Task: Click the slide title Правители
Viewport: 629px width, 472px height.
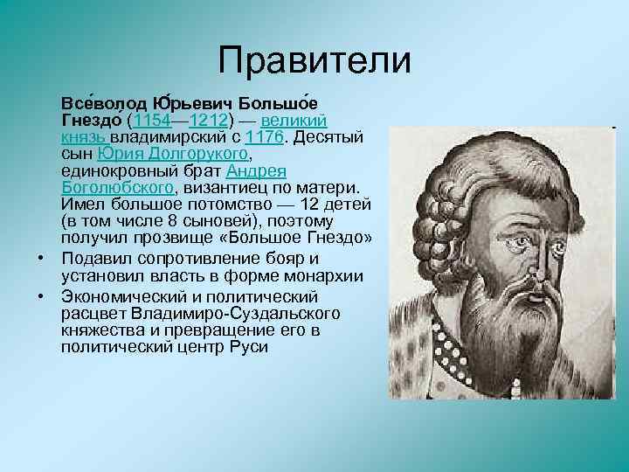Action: (314, 60)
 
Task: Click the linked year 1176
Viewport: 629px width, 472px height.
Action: (265, 137)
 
